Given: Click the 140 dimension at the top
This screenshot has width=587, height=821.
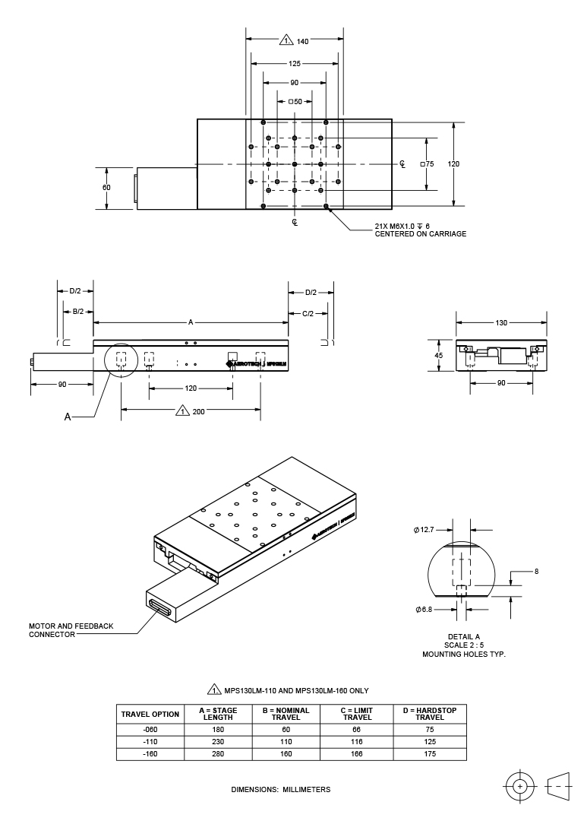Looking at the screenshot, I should click(x=302, y=40).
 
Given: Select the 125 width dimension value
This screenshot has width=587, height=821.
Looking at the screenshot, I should click(x=295, y=64).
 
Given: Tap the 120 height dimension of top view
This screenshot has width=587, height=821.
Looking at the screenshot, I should click(x=454, y=163).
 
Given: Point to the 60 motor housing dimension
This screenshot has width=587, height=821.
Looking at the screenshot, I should click(x=106, y=187).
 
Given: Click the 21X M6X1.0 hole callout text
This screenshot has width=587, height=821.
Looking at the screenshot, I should click(x=402, y=227).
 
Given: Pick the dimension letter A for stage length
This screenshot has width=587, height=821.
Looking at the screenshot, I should click(x=191, y=322).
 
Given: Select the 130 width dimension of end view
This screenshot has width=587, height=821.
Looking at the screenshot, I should click(x=501, y=322).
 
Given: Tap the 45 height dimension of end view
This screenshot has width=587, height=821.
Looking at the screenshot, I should click(x=439, y=354).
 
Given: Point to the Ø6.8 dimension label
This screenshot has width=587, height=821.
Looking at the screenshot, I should click(x=424, y=610).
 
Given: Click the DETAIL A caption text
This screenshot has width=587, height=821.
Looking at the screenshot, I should click(x=464, y=636).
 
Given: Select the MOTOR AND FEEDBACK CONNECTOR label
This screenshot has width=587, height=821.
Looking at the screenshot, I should click(x=71, y=630).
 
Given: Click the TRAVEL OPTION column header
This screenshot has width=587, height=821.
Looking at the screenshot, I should click(x=150, y=714).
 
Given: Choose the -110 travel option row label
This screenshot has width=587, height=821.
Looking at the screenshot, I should click(x=150, y=741).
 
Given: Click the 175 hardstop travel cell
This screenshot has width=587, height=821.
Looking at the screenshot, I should click(x=430, y=754).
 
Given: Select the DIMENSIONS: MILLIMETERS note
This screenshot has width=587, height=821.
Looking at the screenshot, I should click(x=281, y=790).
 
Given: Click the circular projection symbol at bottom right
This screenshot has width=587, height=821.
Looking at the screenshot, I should click(x=520, y=785).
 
